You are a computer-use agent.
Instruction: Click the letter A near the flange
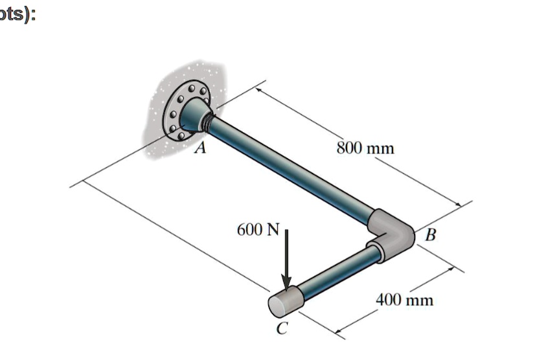(201, 150)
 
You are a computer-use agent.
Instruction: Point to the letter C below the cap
(280, 329)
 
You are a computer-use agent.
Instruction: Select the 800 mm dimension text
(365, 148)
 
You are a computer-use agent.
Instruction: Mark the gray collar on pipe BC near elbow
(376, 250)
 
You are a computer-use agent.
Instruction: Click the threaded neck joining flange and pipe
(208, 119)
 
